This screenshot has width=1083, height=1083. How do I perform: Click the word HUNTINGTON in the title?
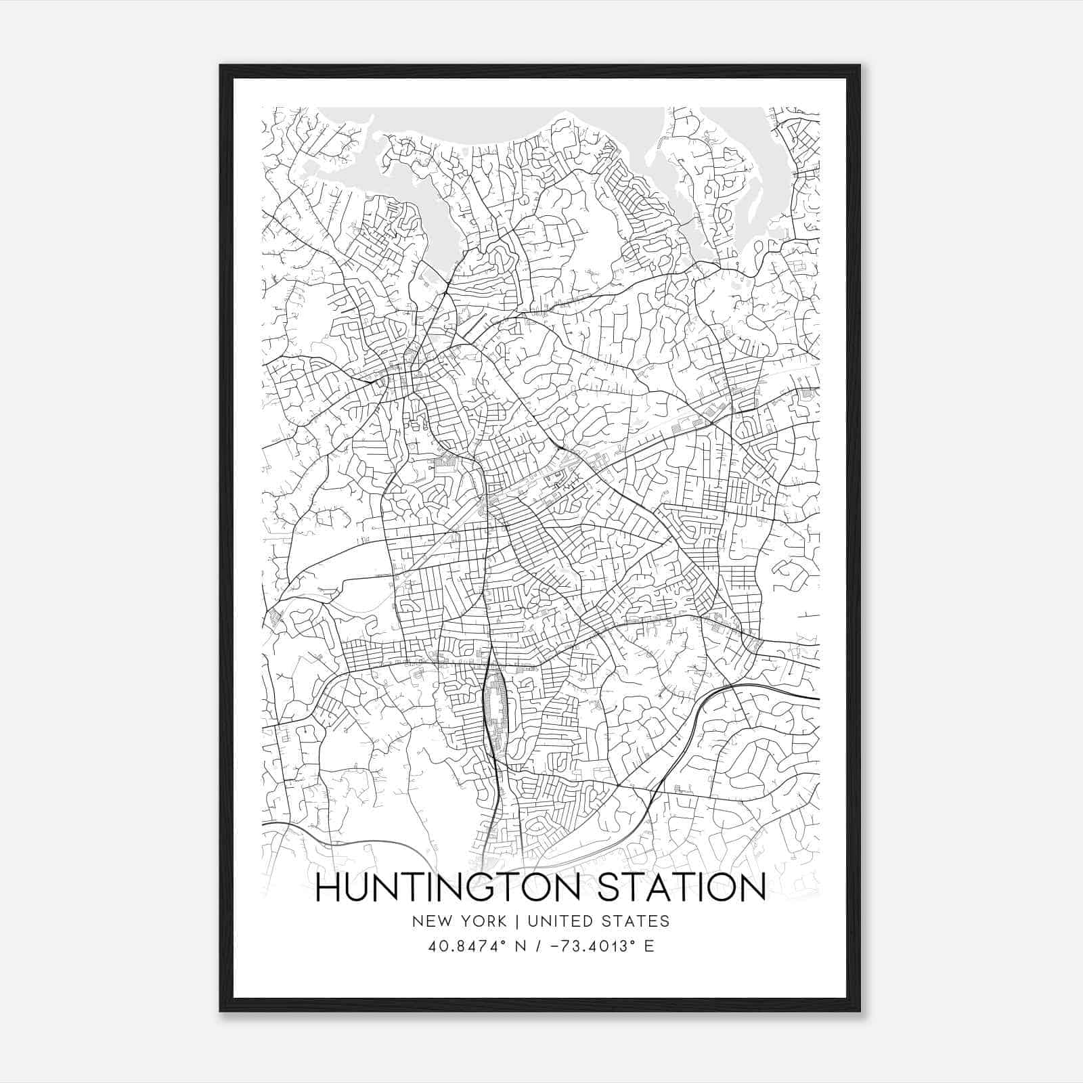click(x=447, y=887)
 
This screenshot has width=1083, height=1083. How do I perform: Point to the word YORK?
click(x=483, y=921)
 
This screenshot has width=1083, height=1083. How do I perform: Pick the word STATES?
click(x=636, y=921)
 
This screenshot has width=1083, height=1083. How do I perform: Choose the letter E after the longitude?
click(x=649, y=946)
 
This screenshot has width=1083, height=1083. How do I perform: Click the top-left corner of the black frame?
click(x=221, y=66)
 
